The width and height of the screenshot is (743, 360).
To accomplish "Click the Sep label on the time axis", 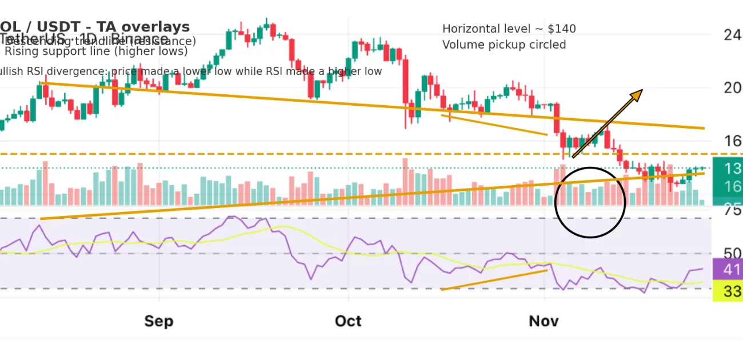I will click(158, 321).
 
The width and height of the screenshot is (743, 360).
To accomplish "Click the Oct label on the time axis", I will click(348, 321).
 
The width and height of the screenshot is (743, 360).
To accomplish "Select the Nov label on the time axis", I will click(544, 321).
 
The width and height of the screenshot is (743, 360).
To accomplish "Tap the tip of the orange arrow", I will click(642, 90).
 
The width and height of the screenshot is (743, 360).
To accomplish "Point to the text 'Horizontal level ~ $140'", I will click(509, 29).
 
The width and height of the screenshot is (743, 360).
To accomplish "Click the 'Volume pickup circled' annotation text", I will click(504, 45).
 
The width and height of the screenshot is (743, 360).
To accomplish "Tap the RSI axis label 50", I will click(732, 254).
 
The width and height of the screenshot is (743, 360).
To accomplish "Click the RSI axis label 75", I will click(732, 210).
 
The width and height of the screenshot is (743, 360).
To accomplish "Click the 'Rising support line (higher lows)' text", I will click(96, 51).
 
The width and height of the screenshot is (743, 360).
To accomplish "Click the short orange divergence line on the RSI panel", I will click(494, 280).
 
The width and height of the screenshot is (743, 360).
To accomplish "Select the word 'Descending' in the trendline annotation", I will click(37, 41).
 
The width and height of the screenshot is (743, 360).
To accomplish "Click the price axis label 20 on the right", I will click(733, 88).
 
